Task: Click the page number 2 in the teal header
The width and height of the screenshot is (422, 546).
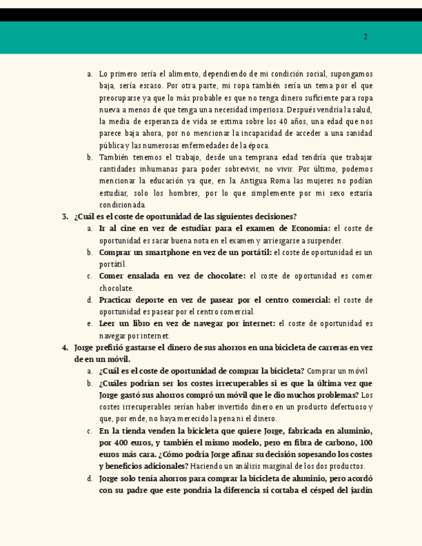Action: point(365,37)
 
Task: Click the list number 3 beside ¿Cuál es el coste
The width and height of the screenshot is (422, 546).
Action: point(65,216)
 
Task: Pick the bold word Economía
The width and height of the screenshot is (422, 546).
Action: point(309,229)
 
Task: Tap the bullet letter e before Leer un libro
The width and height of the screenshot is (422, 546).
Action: point(89,324)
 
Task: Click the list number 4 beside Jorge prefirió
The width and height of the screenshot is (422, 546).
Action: point(65,348)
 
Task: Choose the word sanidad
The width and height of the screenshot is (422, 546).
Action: point(357,133)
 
